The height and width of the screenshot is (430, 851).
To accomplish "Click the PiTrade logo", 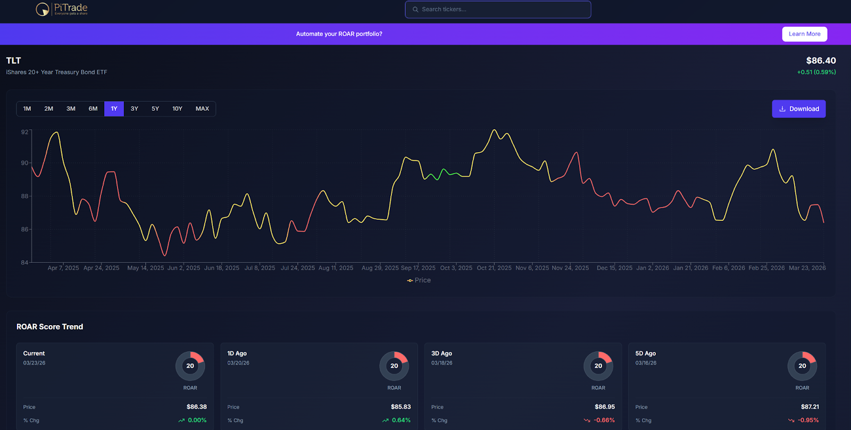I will pos(62,9).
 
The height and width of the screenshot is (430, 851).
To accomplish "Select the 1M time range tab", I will pos(27,109).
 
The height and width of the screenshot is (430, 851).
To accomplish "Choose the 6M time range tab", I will pos(93,109).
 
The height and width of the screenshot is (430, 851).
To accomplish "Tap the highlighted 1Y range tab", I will pos(114,109).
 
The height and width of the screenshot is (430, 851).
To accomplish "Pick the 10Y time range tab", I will pos(177,109).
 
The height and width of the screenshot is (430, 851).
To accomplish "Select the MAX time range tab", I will pos(202,109).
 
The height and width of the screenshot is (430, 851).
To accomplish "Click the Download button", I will pos(798,109).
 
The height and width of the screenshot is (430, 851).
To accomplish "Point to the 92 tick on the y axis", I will pos(24,132).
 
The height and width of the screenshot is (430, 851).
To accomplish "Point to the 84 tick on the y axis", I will pos(24,262).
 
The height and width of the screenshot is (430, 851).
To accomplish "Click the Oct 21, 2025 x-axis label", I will pos(494,268).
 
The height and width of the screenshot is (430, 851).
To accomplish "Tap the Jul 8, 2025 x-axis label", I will pos(260,268).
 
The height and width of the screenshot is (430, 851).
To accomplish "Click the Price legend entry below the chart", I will pos(419,280).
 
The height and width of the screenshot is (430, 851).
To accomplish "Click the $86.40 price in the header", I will pos(821,61).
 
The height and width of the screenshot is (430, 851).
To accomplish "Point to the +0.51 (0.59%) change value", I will pos(816,72).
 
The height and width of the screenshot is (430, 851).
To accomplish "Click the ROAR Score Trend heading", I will pos(50,327).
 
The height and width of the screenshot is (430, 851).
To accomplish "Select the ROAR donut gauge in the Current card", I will pos(190,366).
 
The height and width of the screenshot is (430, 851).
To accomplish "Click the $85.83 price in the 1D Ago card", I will pos(401,407).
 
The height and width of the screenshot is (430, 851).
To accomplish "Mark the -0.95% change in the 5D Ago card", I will pos(808,420).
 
